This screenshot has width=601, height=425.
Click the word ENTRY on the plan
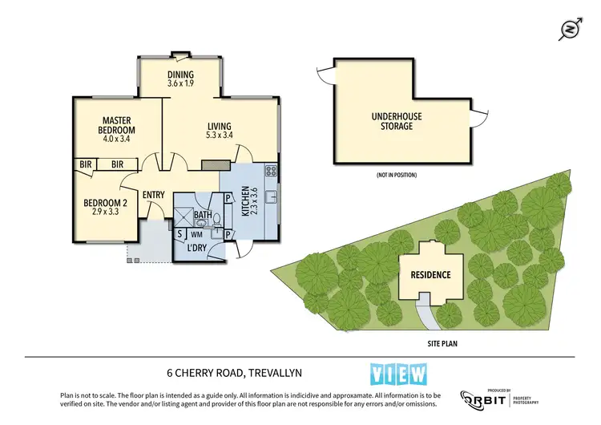[153, 195]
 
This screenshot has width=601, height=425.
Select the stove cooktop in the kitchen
[271, 170]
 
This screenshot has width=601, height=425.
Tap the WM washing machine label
[196, 234]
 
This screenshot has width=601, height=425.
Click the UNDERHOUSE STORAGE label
[396, 121]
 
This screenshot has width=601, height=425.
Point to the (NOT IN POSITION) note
[396, 175]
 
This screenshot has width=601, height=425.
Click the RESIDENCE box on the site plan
[431, 274]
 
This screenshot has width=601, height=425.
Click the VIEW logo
[399, 374]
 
